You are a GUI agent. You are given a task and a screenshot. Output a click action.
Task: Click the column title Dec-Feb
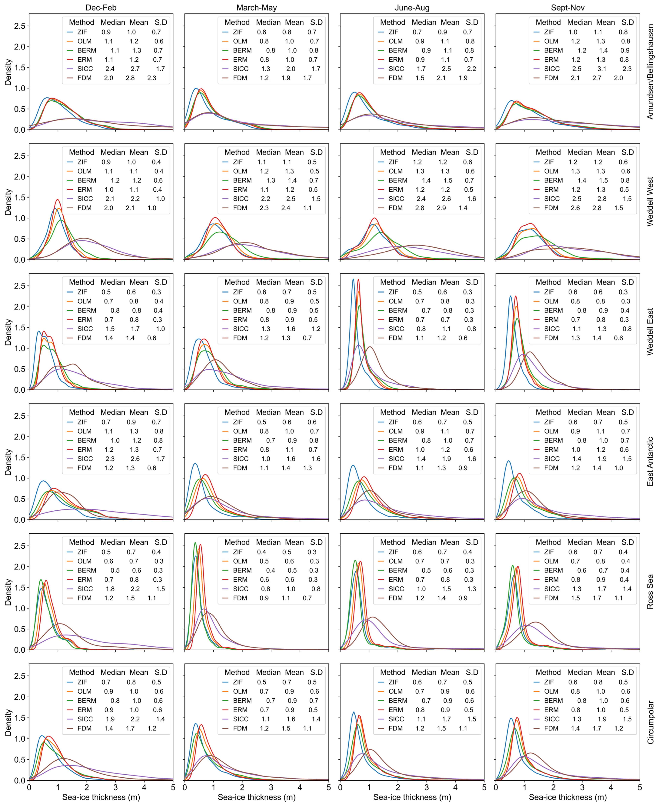coord(101,8)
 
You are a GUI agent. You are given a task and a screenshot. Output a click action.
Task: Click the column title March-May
coord(257,8)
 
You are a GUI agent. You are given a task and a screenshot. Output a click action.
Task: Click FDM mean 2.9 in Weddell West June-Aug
coord(441,208)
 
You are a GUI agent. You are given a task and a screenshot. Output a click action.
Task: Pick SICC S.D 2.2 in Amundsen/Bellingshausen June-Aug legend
coord(472,69)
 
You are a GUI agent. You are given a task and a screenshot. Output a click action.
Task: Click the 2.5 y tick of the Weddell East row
coord(20,286)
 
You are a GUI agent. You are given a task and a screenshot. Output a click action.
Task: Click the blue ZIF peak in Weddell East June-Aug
coord(353,280)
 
